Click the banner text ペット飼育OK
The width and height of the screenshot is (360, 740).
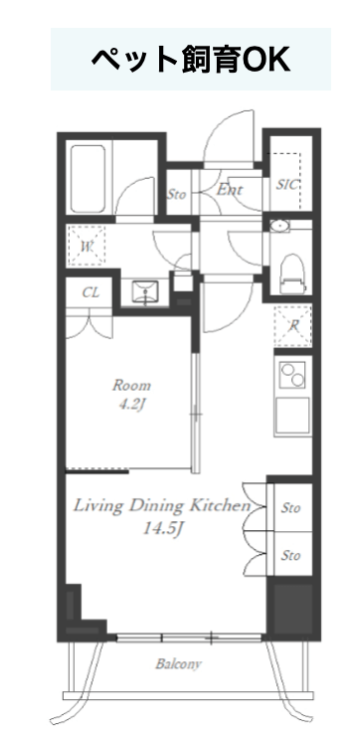(191, 60)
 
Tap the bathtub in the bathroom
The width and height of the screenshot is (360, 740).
(88, 179)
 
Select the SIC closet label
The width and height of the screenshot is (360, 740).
(287, 185)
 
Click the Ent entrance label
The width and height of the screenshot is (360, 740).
(230, 190)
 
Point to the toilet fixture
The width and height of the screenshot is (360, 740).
(291, 275)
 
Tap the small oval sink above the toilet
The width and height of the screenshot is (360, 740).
(280, 227)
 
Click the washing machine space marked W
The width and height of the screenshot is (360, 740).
(87, 246)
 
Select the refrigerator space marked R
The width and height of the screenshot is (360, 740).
(293, 325)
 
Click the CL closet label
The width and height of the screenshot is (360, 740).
(90, 292)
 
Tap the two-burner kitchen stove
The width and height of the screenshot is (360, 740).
(292, 374)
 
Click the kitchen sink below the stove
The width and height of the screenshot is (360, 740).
(292, 416)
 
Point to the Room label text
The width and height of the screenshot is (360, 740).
(131, 385)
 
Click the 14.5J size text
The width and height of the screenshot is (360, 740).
(163, 529)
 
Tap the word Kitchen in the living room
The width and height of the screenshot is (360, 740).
(220, 505)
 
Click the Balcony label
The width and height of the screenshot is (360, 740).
(178, 664)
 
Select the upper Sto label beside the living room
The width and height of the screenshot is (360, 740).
(290, 508)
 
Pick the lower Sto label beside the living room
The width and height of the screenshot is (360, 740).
(290, 555)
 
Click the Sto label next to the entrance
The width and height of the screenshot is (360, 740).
(177, 194)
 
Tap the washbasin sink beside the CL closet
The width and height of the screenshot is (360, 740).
(145, 292)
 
